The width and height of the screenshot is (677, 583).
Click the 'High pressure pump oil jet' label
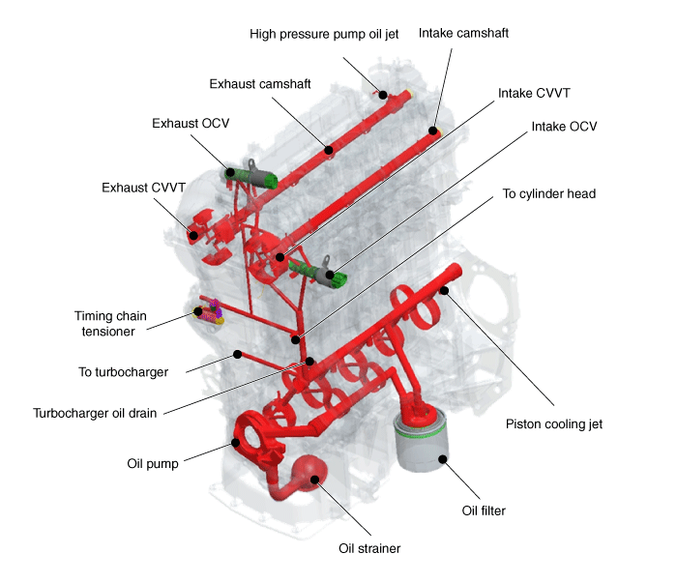[324, 34]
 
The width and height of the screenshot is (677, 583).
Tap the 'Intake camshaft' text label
[463, 33]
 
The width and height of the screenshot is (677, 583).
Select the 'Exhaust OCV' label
[191, 124]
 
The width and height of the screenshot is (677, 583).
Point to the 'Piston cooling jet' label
[554, 424]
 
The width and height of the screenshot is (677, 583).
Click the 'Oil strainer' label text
[369, 548]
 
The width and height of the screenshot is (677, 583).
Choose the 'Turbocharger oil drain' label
[95, 414]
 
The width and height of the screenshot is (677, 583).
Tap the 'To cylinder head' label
[548, 193]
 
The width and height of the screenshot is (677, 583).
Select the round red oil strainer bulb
[308, 473]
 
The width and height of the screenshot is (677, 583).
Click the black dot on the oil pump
[235, 442]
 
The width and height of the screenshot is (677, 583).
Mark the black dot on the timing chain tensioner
[197, 311]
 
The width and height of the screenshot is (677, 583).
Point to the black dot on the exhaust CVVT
[193, 235]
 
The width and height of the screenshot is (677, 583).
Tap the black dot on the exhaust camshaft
[329, 150]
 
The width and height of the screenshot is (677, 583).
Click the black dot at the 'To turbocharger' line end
[237, 354]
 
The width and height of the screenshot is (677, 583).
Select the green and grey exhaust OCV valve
[251, 177]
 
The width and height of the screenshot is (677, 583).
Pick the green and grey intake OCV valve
[319, 273]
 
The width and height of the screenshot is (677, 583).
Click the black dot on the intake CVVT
[280, 257]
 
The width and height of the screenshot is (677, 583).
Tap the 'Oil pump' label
[153, 464]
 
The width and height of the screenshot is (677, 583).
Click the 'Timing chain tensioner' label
[110, 324]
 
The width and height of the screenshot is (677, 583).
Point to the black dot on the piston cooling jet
[444, 290]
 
